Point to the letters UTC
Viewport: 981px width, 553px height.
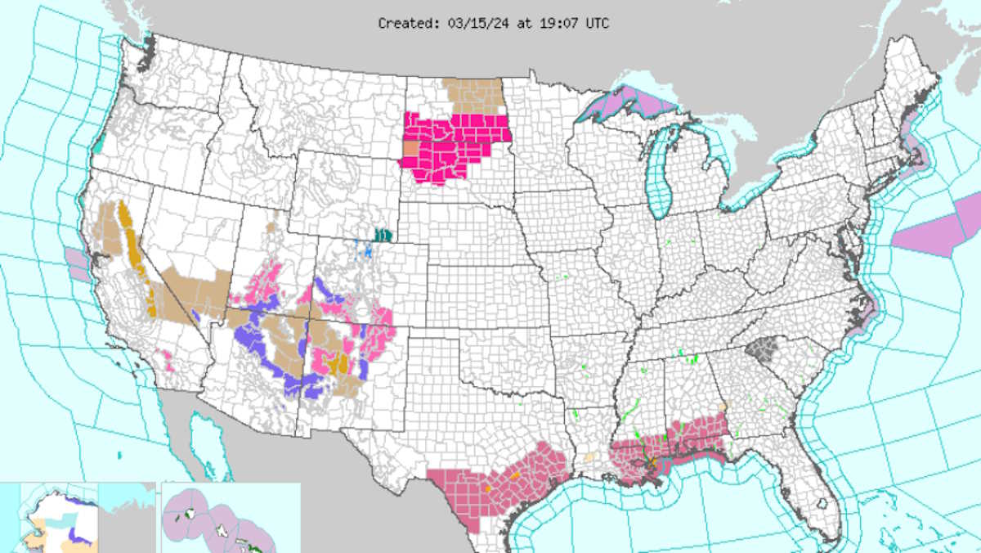click(597, 24)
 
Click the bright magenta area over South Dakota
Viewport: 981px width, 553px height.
click(458, 147)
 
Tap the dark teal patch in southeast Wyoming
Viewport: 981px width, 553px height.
click(382, 235)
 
